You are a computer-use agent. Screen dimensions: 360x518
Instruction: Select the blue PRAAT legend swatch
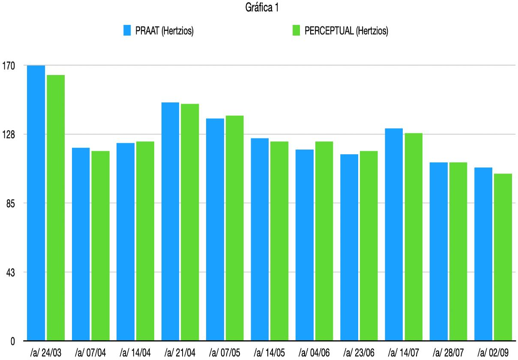tap(127, 31)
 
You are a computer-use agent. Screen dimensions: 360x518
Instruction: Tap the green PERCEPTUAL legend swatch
tap(296, 31)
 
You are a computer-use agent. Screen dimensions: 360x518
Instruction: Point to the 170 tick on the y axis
tap(8, 66)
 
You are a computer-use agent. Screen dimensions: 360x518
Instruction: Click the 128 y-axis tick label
tap(8, 135)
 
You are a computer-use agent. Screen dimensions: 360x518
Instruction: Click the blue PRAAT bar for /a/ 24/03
tap(36, 203)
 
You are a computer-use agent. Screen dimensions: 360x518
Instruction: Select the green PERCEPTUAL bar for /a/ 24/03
tap(56, 208)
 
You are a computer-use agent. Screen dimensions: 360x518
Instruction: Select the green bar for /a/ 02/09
tap(503, 257)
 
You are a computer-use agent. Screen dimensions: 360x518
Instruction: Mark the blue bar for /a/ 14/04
tap(126, 242)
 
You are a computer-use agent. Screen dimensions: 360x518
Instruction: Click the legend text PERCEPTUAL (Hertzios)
tap(346, 31)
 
